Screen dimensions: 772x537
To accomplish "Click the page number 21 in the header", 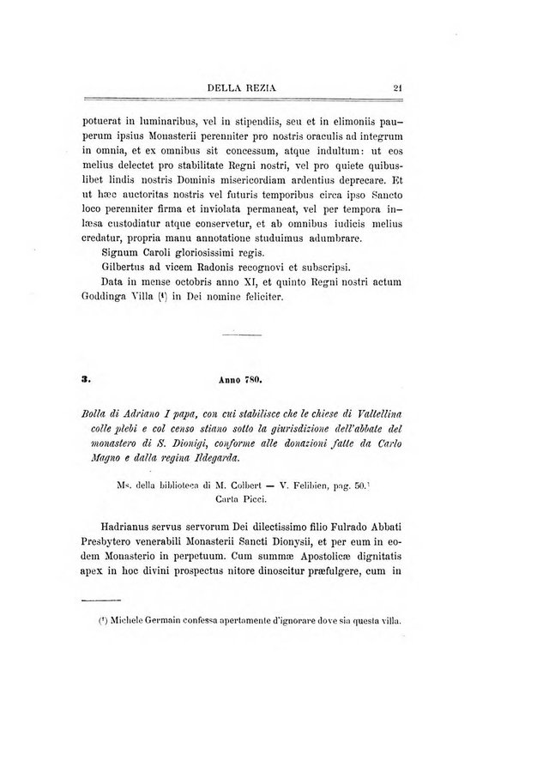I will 398,86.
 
